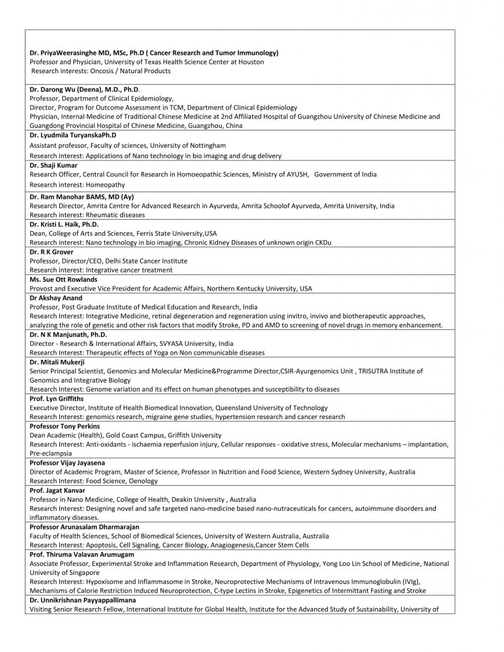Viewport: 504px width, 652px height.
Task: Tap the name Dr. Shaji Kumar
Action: click(x=54, y=165)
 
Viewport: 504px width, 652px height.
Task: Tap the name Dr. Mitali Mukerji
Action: click(x=56, y=362)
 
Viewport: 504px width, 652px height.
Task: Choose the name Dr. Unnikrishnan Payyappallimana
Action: click(x=82, y=600)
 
